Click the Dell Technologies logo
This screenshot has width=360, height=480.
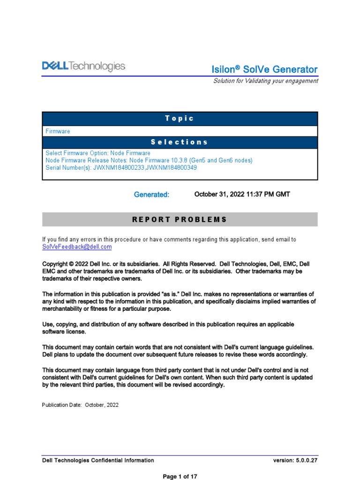83,67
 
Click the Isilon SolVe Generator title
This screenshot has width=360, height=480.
264,69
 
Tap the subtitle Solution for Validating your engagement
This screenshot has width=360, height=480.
265,81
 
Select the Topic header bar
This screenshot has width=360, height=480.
180,118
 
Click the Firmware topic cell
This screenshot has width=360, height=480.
58,131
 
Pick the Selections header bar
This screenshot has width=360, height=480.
180,142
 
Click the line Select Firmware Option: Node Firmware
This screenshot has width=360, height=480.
98,153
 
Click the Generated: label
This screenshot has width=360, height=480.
151,195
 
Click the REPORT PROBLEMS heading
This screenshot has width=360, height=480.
180,219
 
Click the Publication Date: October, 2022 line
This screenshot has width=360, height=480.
80,405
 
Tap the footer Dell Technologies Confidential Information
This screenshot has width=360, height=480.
98,460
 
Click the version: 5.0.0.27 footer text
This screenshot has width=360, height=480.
295,460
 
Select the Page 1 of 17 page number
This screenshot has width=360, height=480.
180,476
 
